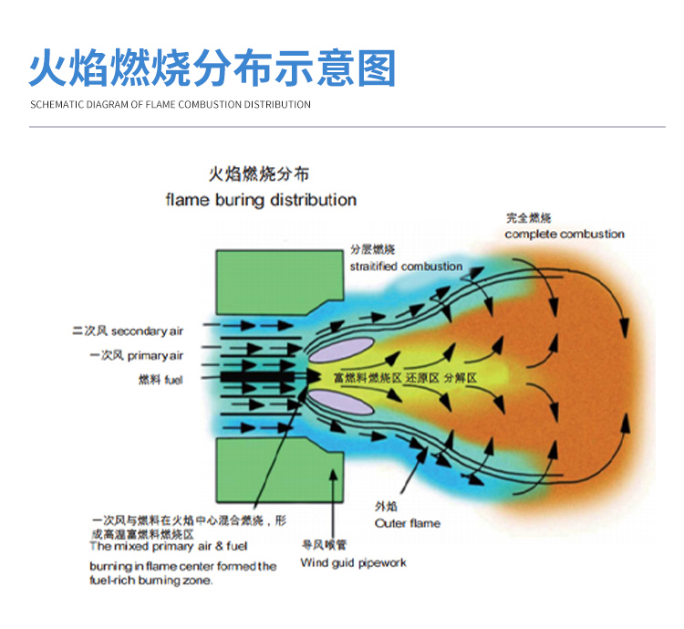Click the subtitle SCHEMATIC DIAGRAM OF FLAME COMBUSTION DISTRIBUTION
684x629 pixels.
171,105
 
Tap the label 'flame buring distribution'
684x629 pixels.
261,200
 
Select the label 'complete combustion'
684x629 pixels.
565,235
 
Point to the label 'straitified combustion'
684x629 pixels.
406,267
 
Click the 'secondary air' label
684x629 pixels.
147,331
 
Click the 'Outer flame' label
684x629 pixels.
407,523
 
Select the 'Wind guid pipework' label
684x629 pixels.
353,563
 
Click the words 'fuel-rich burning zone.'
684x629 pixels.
150,581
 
